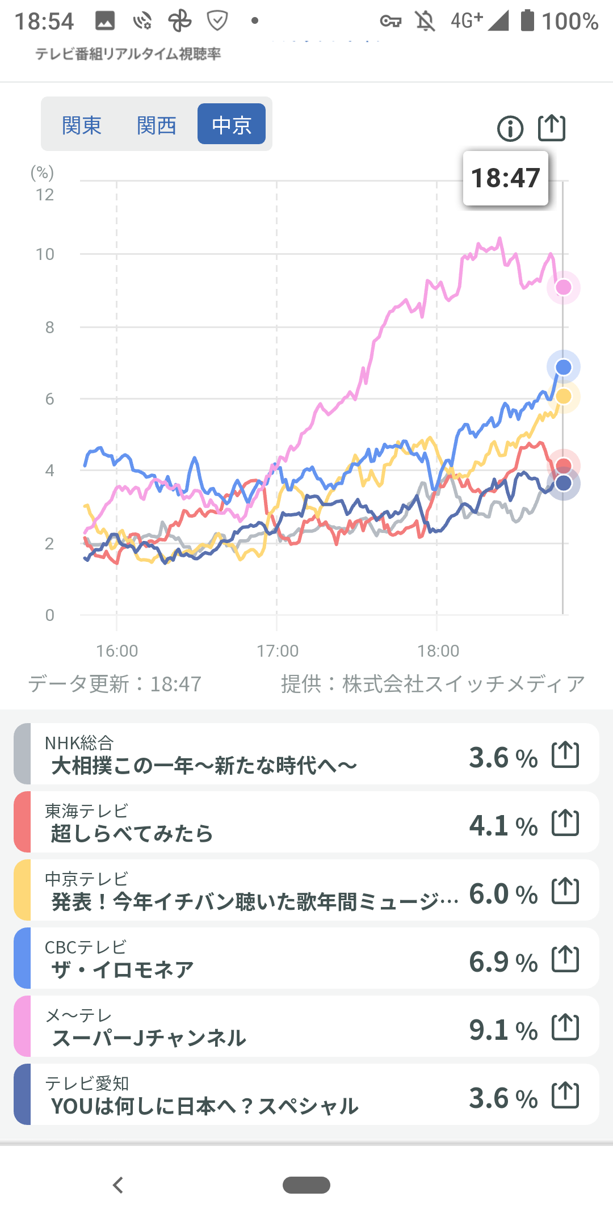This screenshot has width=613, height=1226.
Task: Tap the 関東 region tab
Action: (82, 125)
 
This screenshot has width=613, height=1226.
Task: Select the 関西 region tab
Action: (157, 125)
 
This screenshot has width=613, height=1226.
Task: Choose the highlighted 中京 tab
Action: (232, 124)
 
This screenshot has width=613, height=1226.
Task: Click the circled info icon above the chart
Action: (510, 129)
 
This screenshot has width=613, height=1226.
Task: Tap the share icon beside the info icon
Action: (552, 128)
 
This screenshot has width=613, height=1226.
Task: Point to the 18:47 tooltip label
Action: (505, 178)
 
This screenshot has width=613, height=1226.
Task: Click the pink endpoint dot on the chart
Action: (563, 287)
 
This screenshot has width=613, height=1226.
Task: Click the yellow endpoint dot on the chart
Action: (564, 396)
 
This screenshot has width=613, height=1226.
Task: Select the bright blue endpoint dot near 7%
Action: (563, 367)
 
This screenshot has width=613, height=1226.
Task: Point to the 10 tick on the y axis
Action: (45, 254)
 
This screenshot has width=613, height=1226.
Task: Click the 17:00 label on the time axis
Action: (278, 651)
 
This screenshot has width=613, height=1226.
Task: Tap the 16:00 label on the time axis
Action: (117, 651)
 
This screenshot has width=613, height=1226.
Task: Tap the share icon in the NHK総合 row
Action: (565, 755)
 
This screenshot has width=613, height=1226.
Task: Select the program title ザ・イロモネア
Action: (123, 970)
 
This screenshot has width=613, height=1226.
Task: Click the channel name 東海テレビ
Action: (86, 811)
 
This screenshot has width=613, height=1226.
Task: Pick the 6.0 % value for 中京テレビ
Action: (503, 893)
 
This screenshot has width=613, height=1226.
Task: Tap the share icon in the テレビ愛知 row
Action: (565, 1095)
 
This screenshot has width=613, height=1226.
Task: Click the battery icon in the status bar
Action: (528, 20)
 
